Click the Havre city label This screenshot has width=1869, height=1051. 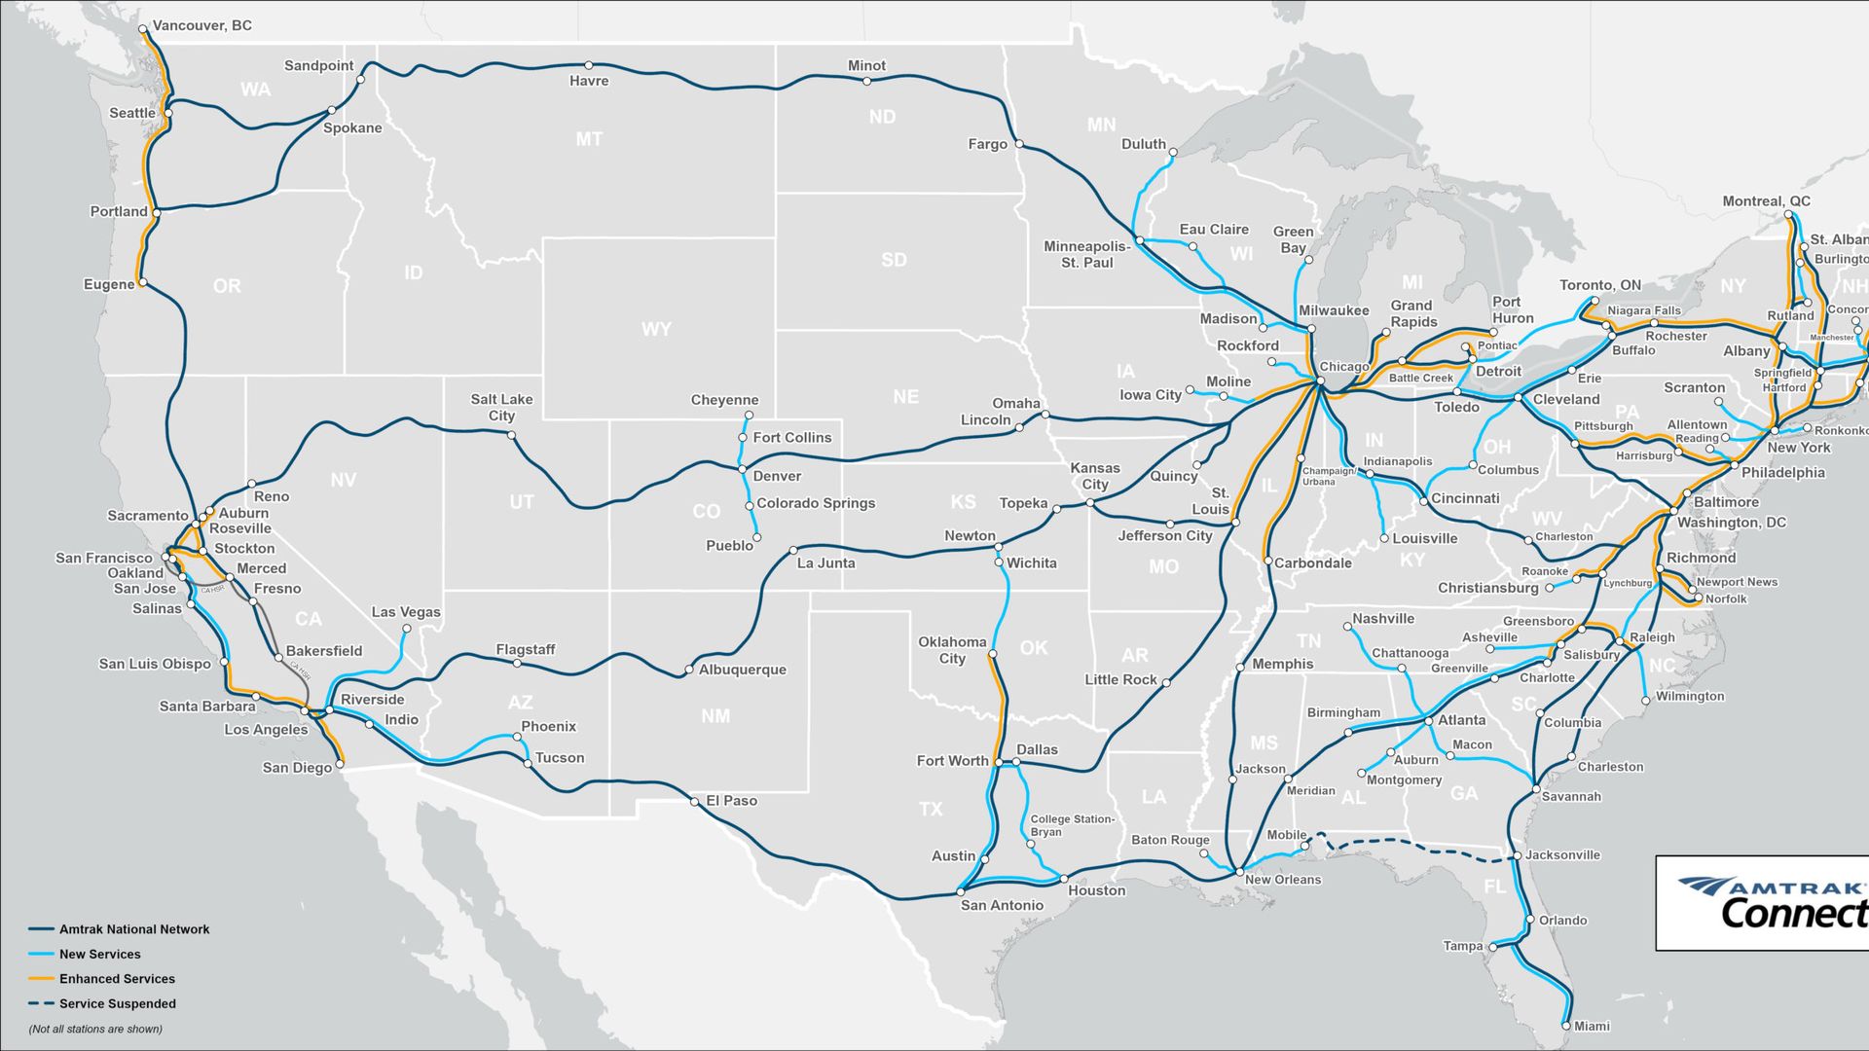coord(589,81)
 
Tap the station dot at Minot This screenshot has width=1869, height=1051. coord(866,82)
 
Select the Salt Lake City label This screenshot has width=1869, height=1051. coord(501,407)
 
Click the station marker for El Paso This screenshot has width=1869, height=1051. coord(694,802)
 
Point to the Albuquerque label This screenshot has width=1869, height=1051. coord(742,670)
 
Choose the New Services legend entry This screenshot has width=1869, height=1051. coord(99,955)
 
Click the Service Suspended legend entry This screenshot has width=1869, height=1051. coord(117,1003)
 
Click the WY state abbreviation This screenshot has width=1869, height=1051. coord(656,329)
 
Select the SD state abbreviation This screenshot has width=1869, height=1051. coord(894,260)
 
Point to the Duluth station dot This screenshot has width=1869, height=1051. coord(1173,153)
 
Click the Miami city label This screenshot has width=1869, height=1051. coord(1592,1026)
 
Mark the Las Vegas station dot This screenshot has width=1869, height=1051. coord(407,629)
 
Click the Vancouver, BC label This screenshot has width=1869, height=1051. coord(202,25)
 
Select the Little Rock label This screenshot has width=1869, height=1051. coord(1120,679)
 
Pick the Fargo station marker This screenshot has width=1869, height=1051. coord(1019,144)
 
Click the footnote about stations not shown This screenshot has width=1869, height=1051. coord(95,1029)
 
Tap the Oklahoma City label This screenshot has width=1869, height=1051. coord(952,650)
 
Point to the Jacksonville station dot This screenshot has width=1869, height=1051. coord(1518,856)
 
